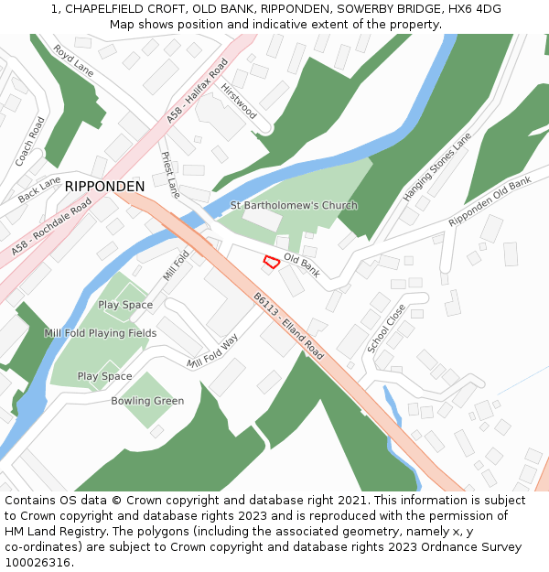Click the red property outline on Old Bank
tap(271, 263)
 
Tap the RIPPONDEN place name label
tap(104, 187)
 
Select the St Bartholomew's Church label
tap(294, 205)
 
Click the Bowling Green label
tap(147, 401)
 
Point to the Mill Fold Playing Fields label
tap(100, 333)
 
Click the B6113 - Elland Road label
tap(289, 325)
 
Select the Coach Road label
tap(29, 141)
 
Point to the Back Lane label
tap(39, 189)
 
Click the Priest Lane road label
tap(170, 175)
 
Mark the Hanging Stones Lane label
tap(437, 167)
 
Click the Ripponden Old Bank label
tap(490, 202)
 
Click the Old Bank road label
tap(301, 265)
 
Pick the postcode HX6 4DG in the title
tap(469, 8)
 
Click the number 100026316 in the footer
tap(38, 562)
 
